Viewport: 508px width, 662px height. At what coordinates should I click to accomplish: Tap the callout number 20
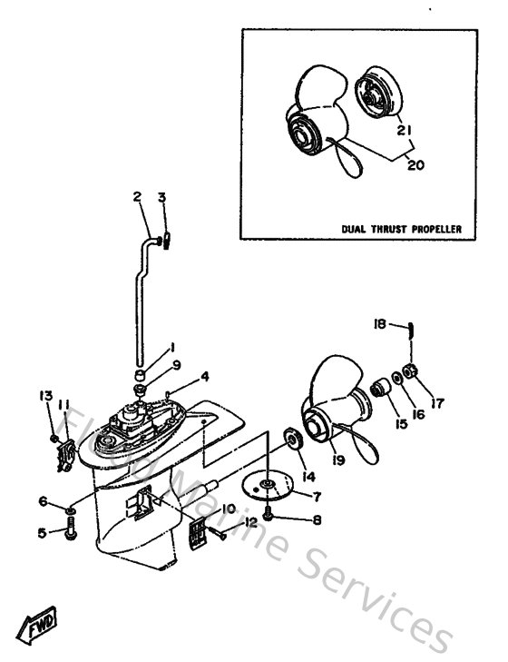(x=416, y=165)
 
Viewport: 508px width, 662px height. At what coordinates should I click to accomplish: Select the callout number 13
(x=44, y=395)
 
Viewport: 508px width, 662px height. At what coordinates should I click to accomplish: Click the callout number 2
(x=138, y=196)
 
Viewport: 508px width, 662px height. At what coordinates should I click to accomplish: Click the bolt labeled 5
(x=70, y=533)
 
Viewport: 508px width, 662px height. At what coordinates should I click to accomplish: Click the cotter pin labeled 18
(x=411, y=330)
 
